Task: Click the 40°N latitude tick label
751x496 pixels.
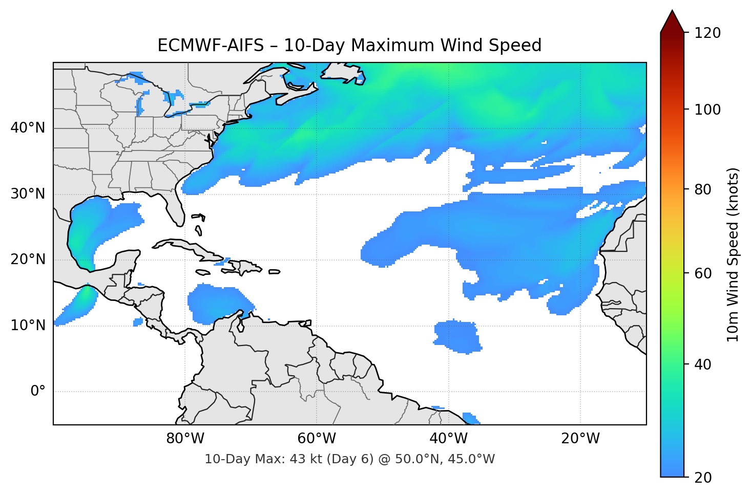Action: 28,128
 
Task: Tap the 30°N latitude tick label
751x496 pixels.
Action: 28,194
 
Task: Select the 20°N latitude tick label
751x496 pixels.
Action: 28,260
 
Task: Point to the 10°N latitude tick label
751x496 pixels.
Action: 28,326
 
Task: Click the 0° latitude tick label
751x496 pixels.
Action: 38,392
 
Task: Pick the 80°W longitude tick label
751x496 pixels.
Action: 185,439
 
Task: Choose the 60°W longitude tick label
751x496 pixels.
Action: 317,439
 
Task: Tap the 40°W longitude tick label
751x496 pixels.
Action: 449,439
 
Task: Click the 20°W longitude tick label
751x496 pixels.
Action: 580,439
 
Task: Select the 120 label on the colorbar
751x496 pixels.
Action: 707,33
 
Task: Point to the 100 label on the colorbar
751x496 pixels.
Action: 707,110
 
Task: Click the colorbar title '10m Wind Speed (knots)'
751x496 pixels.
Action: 733,255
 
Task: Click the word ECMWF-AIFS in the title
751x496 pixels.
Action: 210,46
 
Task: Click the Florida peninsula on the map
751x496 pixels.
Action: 175,207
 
